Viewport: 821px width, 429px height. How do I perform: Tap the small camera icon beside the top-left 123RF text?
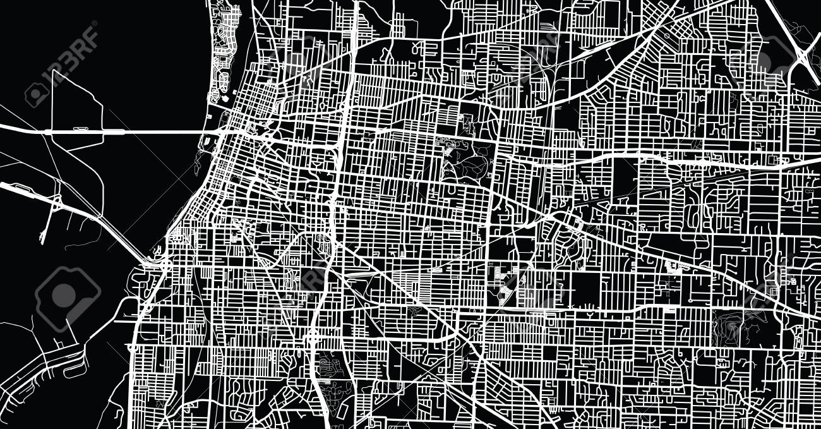[x=37, y=94]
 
